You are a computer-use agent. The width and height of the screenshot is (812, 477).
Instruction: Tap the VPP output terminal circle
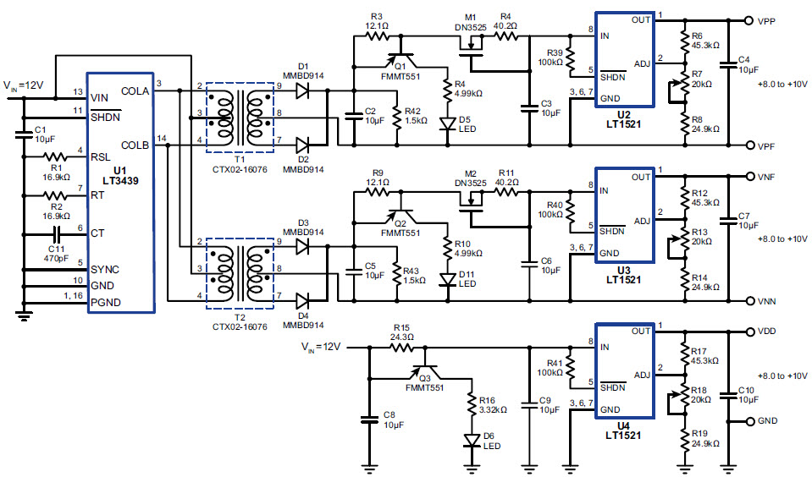pyautogui.click(x=748, y=21)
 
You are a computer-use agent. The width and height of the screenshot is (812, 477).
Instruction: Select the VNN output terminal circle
pyautogui.click(x=748, y=301)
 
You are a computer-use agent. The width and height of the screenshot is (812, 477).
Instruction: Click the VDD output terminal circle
pyautogui.click(x=748, y=332)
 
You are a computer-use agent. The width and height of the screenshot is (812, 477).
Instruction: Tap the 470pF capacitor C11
pyautogui.click(x=58, y=233)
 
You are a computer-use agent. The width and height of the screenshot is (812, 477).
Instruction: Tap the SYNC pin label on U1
pyautogui.click(x=104, y=269)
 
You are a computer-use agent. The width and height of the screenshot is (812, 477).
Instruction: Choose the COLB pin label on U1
pyautogui.click(x=135, y=145)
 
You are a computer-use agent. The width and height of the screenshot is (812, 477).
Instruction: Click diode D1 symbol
pyautogui.click(x=303, y=90)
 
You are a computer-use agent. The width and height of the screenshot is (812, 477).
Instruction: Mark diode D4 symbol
pyautogui.click(x=303, y=300)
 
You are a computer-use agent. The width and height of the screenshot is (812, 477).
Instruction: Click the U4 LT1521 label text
pyautogui.click(x=623, y=430)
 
